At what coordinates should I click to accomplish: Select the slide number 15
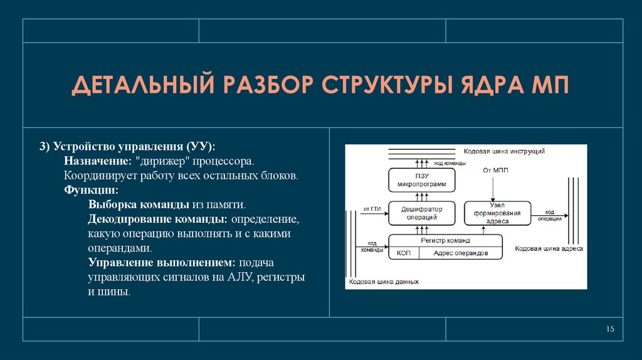point(611,330)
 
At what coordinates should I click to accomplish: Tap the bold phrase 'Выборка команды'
point(130,204)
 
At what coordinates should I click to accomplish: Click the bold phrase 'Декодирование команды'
point(157,220)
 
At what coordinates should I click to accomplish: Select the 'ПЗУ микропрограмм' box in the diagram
point(421,180)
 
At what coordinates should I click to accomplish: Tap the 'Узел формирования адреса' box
point(496,214)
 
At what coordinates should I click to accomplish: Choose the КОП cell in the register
point(403,253)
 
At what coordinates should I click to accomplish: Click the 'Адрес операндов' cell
point(460,253)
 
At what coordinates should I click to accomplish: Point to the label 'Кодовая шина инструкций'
point(503,151)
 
